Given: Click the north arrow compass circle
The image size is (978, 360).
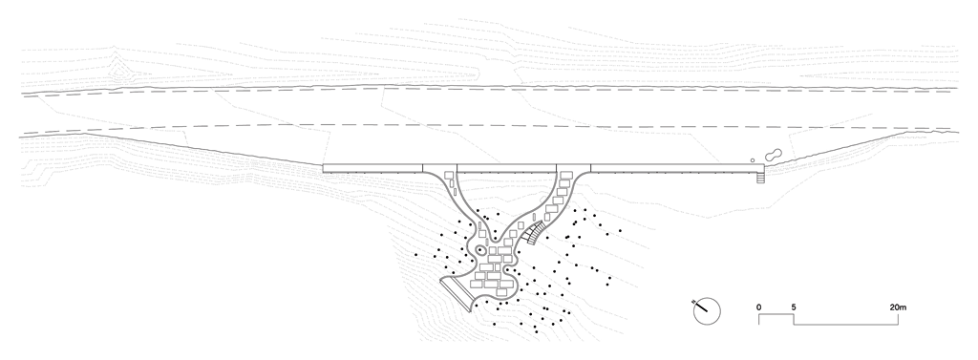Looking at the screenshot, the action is [708, 311].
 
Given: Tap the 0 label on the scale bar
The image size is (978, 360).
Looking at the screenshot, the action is [759, 307].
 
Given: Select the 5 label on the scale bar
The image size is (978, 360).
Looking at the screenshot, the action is [794, 307].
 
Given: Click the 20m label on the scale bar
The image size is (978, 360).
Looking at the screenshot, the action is [898, 307].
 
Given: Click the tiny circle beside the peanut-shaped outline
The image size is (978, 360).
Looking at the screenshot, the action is [753, 160].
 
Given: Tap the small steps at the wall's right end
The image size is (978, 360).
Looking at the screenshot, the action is [759, 178].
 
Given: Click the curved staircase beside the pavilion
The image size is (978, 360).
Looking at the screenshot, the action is [533, 234].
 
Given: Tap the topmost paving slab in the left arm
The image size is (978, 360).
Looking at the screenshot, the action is [449, 176].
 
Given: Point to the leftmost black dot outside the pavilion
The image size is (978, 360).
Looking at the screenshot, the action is [416, 255].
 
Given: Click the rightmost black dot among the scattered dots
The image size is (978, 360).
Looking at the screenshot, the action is [620, 230].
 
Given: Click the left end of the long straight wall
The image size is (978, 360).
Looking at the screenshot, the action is [323, 168].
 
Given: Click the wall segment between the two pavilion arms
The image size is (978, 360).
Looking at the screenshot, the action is [506, 168].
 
